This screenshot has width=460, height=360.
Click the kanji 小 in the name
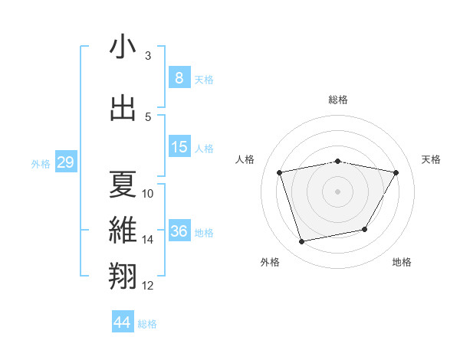click(x=123, y=47)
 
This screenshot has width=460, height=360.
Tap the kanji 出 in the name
click(x=123, y=107)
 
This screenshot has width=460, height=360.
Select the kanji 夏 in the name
click(x=123, y=184)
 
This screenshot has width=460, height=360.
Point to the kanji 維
click(x=123, y=230)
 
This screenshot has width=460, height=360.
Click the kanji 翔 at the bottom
click(x=123, y=275)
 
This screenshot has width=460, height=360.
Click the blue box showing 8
click(x=179, y=78)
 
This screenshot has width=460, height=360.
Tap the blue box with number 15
click(x=179, y=147)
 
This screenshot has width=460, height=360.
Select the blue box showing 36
click(x=179, y=231)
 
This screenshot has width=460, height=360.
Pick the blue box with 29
click(x=65, y=162)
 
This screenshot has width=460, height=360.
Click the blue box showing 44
click(x=123, y=322)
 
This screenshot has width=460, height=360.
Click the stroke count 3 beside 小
click(x=148, y=56)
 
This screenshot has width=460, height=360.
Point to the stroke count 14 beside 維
click(x=148, y=240)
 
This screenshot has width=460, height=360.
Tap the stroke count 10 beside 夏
click(x=148, y=194)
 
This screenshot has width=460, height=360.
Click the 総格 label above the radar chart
click(x=338, y=100)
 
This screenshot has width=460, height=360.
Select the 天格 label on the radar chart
click(x=432, y=159)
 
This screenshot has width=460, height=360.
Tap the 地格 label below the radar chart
click(x=402, y=262)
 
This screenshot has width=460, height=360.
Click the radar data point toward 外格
click(x=302, y=242)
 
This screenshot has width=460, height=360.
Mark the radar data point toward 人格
click(x=280, y=172)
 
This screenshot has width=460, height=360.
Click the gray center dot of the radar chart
click(x=338, y=191)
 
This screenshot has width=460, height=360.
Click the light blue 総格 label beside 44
click(x=147, y=324)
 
